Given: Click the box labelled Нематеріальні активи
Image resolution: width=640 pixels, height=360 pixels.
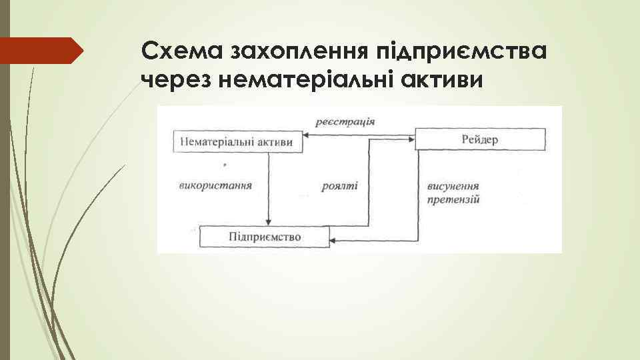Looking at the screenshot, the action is click(236, 142).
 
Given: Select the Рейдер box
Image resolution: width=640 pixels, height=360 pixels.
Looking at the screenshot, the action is click(479, 139).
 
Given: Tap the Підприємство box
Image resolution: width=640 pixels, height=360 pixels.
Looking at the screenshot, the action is click(265, 237).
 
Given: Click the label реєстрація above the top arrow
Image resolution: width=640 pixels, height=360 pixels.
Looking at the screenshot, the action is click(346, 122).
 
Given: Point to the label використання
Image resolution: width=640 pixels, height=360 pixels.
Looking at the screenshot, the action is click(215, 185).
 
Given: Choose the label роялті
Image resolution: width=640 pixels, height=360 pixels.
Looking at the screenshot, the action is click(339, 186).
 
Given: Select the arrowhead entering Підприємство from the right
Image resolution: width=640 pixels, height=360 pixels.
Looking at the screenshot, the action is click(334, 241).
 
